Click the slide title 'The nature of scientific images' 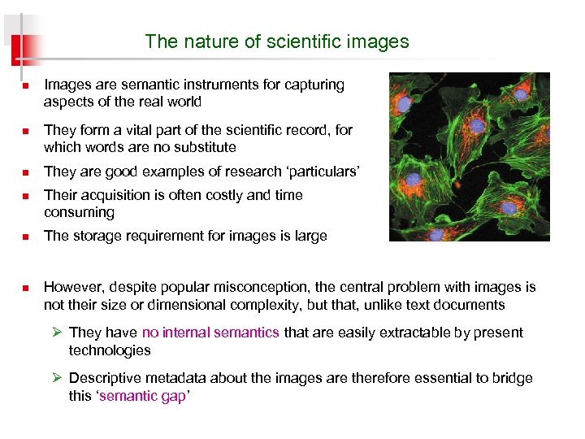coord(277,41)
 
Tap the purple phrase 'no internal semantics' coord(210,333)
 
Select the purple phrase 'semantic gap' coord(141,396)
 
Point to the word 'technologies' coord(110,350)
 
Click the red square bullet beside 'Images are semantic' coord(25,85)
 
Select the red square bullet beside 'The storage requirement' coord(25,237)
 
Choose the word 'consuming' coord(79,213)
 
